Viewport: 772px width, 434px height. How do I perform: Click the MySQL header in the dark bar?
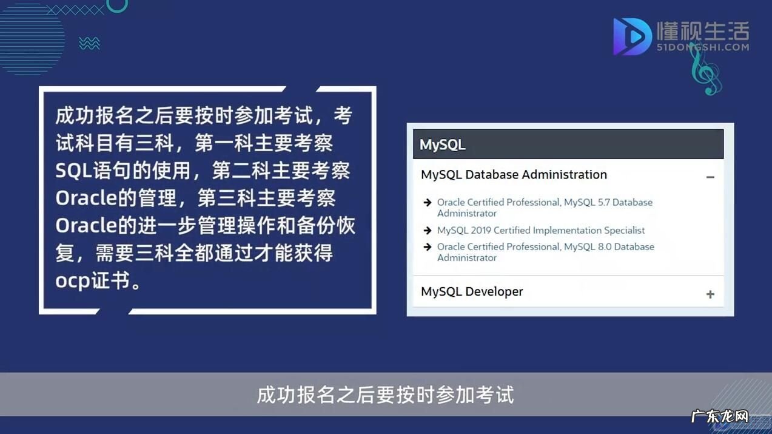pyautogui.click(x=443, y=144)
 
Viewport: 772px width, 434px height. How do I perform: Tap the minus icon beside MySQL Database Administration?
pyautogui.click(x=710, y=177)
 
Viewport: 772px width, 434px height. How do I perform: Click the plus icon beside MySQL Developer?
pyautogui.click(x=710, y=294)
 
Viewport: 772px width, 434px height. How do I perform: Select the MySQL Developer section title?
pyautogui.click(x=472, y=291)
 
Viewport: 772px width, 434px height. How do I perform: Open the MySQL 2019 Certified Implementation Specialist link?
pyautogui.click(x=541, y=230)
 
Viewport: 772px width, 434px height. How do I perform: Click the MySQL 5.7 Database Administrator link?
pyautogui.click(x=545, y=208)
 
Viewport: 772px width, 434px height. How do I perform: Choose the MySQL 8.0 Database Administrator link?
pyautogui.click(x=545, y=252)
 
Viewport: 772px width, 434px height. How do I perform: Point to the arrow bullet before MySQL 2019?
pyautogui.click(x=428, y=231)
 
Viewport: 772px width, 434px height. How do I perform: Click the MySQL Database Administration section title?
pyautogui.click(x=514, y=174)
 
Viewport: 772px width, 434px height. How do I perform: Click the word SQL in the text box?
pyautogui.click(x=74, y=171)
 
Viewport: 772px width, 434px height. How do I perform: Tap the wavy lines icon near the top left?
pyautogui.click(x=89, y=43)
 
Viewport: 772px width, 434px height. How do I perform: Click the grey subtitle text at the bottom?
pyautogui.click(x=386, y=395)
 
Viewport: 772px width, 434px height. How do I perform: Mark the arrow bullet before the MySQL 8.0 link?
pyautogui.click(x=428, y=247)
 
